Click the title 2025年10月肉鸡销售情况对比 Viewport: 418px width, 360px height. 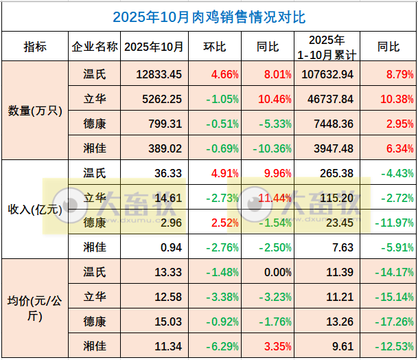coord(209,16)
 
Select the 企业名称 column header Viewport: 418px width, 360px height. coord(94,47)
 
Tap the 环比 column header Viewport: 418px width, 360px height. coord(215,47)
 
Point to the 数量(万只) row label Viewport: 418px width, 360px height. coord(34,111)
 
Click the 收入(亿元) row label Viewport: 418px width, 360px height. coord(34,210)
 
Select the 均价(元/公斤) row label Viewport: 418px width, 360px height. coord(34,308)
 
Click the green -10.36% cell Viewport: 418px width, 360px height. coord(262,148)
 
